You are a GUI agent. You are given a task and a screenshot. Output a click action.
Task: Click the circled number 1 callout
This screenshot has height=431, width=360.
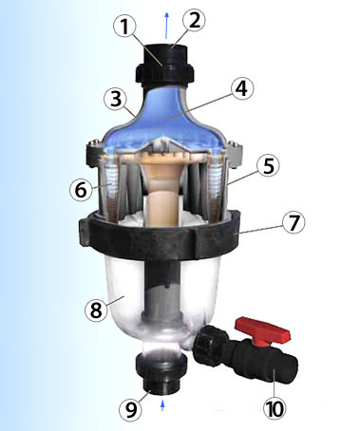pyautogui.click(x=125, y=26)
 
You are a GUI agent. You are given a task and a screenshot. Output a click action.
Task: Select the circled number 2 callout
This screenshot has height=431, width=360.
pyautogui.click(x=194, y=20)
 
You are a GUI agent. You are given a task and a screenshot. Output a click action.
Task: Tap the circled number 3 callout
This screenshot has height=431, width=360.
pyautogui.click(x=116, y=99)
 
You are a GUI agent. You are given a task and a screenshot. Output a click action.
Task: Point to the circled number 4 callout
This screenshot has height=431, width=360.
pyautogui.click(x=242, y=89)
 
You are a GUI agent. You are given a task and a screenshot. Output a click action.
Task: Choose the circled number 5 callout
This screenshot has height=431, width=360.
pyautogui.click(x=268, y=166)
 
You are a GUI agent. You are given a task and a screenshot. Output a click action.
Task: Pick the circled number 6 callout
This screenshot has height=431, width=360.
pyautogui.click(x=81, y=190)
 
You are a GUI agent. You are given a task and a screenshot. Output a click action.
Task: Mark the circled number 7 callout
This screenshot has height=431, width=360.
pyautogui.click(x=294, y=222)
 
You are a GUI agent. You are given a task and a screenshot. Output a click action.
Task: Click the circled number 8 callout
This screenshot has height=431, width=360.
pyautogui.click(x=96, y=310)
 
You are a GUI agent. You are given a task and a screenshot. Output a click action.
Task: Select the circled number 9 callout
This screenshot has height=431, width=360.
pyautogui.click(x=131, y=409)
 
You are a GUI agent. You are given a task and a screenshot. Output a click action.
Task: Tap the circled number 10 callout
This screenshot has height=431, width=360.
pyautogui.click(x=275, y=408)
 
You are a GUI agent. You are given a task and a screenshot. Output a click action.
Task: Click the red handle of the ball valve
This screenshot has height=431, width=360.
pyautogui.click(x=261, y=331)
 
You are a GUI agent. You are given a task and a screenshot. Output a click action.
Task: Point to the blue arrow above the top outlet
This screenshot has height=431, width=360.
pyautogui.click(x=167, y=26)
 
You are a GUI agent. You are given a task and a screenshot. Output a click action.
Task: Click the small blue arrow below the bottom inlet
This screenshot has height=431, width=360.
pyautogui.click(x=163, y=405)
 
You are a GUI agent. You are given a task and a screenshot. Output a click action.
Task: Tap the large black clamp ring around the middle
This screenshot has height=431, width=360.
pyautogui.click(x=159, y=234)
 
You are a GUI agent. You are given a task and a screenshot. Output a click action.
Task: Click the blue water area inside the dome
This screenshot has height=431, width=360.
pyautogui.click(x=164, y=121)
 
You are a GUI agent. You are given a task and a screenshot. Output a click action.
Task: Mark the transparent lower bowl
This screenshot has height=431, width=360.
pyautogui.click(x=161, y=301)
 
